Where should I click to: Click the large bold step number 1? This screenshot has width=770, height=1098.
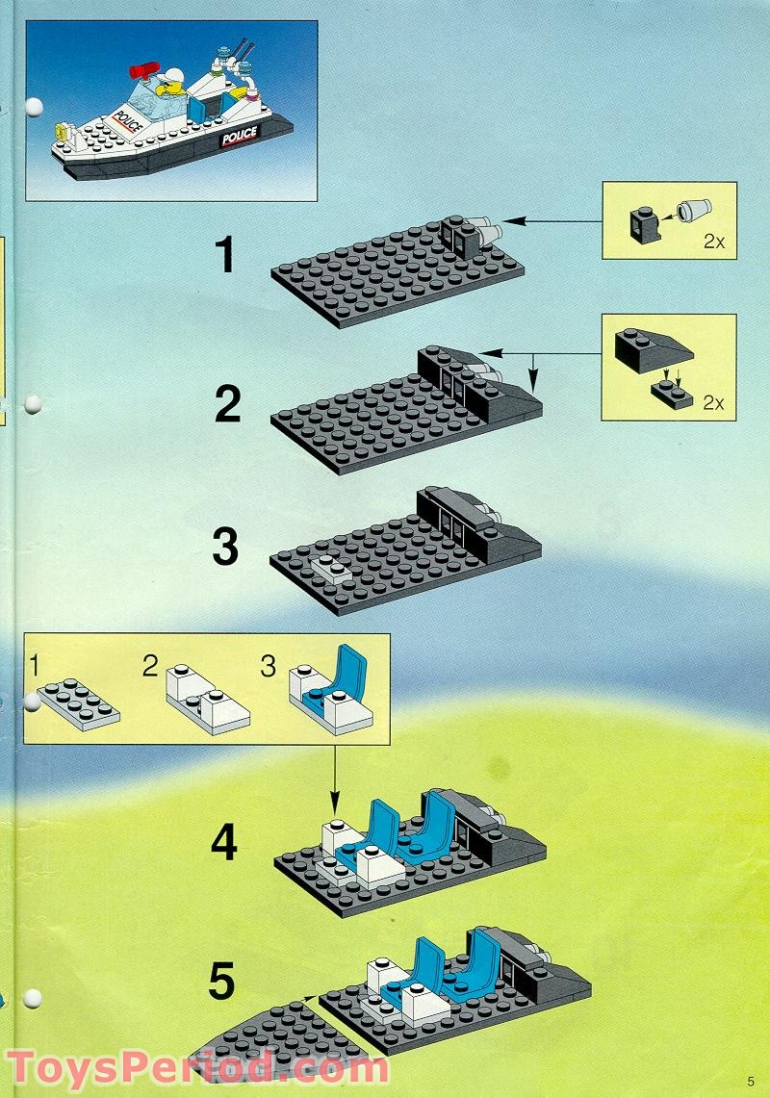pos(224,256)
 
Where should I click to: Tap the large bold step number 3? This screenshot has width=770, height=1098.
pos(224,547)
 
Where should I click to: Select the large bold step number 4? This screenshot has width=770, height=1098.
pos(224,843)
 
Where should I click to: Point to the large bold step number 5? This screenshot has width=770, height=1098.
pos(221,983)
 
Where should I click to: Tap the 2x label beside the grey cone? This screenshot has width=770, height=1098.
pos(713,242)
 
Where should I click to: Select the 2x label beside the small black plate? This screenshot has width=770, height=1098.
pos(713,402)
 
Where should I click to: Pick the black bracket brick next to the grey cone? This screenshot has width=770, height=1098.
pos(645,220)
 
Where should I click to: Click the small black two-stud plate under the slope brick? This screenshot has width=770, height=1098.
pos(671,395)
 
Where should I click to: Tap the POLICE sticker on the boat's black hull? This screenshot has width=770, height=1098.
pos(239,138)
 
